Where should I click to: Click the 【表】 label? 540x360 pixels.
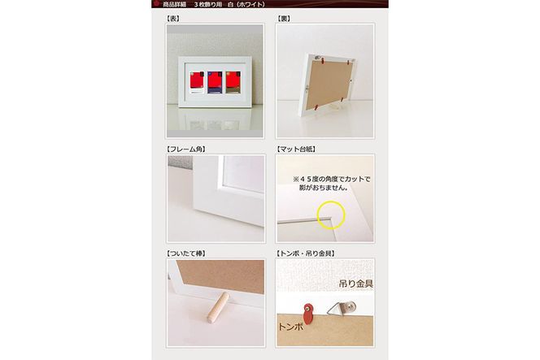pyautogui.click(x=172, y=18)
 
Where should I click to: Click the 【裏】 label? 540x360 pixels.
pyautogui.click(x=284, y=18)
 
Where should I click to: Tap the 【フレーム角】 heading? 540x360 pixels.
pyautogui.click(x=186, y=149)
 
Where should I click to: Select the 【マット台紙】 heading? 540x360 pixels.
pyautogui.click(x=296, y=149)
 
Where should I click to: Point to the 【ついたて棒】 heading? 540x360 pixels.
pyautogui.click(x=186, y=254)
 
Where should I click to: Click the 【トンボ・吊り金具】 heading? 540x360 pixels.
pyautogui.click(x=306, y=254)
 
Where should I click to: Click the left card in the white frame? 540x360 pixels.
pyautogui.click(x=197, y=83)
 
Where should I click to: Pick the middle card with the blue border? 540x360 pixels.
pyautogui.click(x=215, y=83)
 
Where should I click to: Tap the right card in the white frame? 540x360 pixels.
pyautogui.click(x=233, y=83)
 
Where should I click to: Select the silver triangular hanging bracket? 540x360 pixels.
pyautogui.click(x=341, y=307)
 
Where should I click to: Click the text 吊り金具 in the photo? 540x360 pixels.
pyautogui.click(x=356, y=284)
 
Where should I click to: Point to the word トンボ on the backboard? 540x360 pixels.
pyautogui.click(x=290, y=327)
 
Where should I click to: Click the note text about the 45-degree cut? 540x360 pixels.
pyautogui.click(x=331, y=184)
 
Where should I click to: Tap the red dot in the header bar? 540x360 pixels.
pyautogui.click(x=157, y=4)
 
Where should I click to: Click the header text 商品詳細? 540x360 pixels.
pyautogui.click(x=174, y=5)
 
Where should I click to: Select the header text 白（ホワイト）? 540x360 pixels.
pyautogui.click(x=246, y=5)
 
